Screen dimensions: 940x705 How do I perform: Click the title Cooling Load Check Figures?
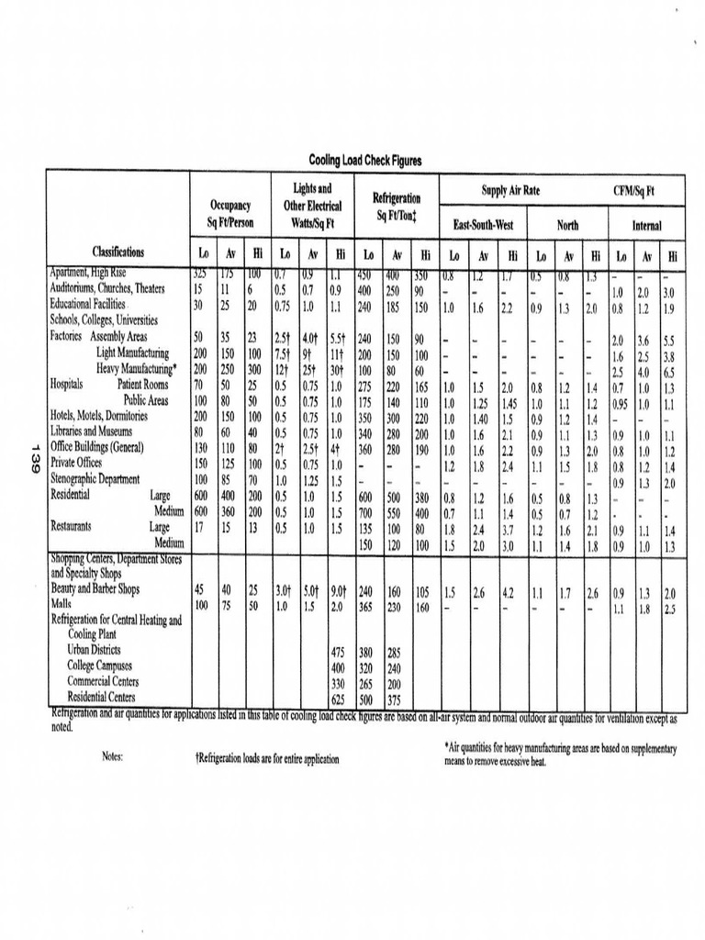pyautogui.click(x=365, y=161)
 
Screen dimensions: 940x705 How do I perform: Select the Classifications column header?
pyautogui.click(x=117, y=252)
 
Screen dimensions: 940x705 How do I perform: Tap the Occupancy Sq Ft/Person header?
pyautogui.click(x=229, y=214)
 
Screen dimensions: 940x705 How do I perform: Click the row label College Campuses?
pyautogui.click(x=100, y=666)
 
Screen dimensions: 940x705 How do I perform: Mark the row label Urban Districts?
pyautogui.click(x=97, y=650)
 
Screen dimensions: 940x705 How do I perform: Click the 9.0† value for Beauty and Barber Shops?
pyautogui.click(x=339, y=592)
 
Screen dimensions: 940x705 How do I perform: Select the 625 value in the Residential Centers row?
pyautogui.click(x=340, y=698)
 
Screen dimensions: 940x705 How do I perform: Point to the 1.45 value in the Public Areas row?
pyautogui.click(x=510, y=400)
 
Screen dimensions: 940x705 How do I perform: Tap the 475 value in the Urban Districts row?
pyautogui.click(x=340, y=652)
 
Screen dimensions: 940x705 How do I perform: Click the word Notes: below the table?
pyautogui.click(x=113, y=757)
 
